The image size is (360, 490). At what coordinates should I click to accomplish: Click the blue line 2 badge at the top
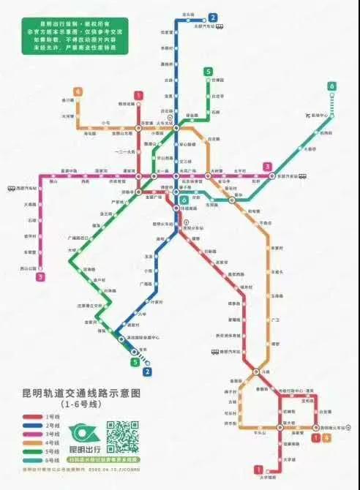[x=212, y=18]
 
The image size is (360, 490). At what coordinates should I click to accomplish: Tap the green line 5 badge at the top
[x=209, y=71]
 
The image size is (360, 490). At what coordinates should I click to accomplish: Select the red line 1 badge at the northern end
[x=138, y=94]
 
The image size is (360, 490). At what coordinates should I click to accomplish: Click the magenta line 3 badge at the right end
[x=268, y=167]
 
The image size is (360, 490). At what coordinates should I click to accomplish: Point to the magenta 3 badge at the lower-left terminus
[x=41, y=276]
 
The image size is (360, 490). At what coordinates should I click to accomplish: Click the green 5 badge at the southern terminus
[x=135, y=361]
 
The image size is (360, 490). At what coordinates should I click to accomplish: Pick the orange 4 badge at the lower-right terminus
[x=325, y=437]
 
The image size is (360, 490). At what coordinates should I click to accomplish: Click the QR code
[x=122, y=436]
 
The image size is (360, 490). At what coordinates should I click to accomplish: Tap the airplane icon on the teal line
[x=307, y=118]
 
